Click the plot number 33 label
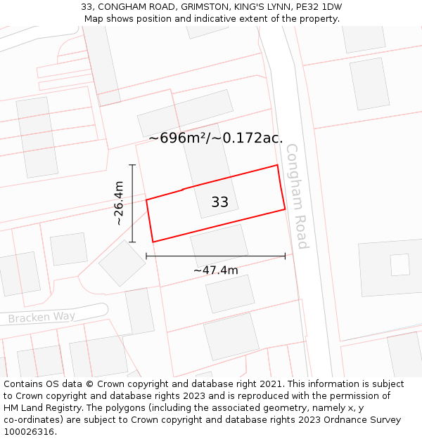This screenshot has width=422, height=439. (x=219, y=202)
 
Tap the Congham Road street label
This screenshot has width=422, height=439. (x=298, y=196)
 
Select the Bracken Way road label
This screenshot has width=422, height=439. (x=41, y=317)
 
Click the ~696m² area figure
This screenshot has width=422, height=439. (x=179, y=138)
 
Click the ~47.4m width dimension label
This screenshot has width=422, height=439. (x=215, y=270)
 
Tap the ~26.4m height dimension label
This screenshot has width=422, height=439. (x=119, y=203)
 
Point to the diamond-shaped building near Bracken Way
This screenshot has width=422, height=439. (x=122, y=263)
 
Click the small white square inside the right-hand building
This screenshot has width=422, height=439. (x=399, y=265)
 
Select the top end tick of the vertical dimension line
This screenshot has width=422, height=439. (x=132, y=165)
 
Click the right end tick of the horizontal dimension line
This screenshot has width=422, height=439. (x=285, y=256)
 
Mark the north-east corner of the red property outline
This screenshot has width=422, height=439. (x=277, y=166)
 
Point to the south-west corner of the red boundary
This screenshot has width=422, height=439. (x=153, y=242)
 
